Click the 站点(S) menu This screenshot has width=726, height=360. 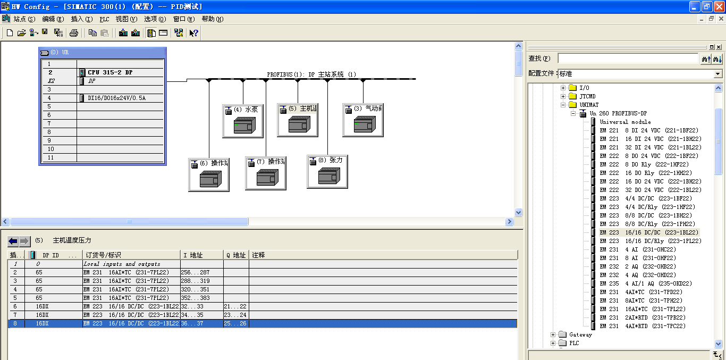pyautogui.click(x=23, y=19)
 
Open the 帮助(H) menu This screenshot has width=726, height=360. pyautogui.click(x=212, y=19)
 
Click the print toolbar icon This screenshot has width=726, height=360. pyautogui.click(x=74, y=33)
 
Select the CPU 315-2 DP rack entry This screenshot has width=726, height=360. pyautogui.click(x=110, y=72)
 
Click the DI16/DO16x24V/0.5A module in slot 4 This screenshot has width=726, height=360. pyautogui.click(x=116, y=98)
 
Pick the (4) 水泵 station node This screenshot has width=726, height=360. pyautogui.click(x=243, y=121)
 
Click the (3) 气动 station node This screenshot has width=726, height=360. pyautogui.click(x=363, y=121)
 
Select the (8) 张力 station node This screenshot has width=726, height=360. pyautogui.click(x=327, y=172)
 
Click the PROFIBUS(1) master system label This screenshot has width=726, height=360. pyautogui.click(x=311, y=74)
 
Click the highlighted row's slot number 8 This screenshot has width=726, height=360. pyautogui.click(x=15, y=323)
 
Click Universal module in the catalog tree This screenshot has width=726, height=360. pyautogui.click(x=625, y=122)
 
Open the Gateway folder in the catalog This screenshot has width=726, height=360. pyautogui.click(x=580, y=334)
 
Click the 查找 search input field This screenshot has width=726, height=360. pyautogui.click(x=627, y=58)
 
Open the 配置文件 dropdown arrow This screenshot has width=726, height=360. pyautogui.click(x=718, y=74)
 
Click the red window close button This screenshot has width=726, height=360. pyautogui.click(x=719, y=6)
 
